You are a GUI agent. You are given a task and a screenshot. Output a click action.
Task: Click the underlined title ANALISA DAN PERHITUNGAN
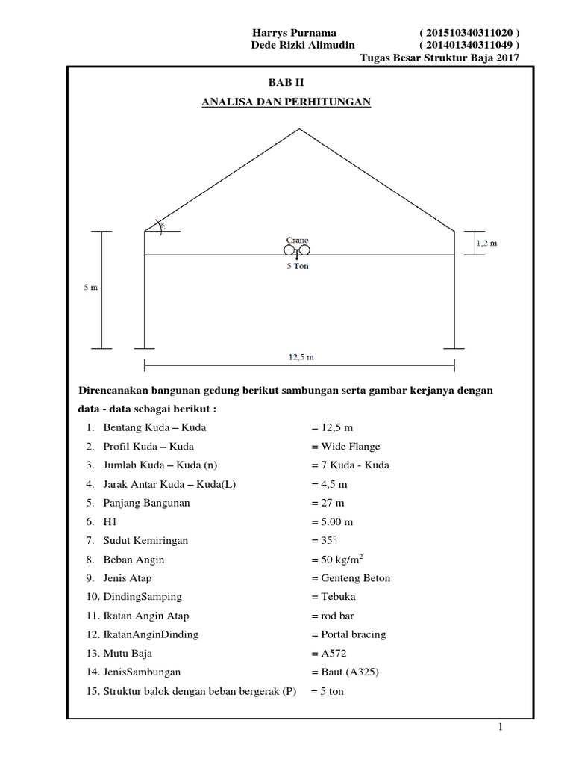(286, 102)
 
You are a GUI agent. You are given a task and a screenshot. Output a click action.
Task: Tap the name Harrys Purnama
(295, 33)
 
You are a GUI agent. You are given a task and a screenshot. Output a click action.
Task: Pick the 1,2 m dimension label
(486, 243)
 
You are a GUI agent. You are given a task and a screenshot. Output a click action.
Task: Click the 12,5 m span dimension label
(299, 356)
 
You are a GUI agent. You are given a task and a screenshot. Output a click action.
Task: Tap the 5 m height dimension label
(90, 288)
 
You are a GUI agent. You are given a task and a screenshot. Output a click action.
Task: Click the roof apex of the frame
(300, 128)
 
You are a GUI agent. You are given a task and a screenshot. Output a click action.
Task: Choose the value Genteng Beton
(351, 578)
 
